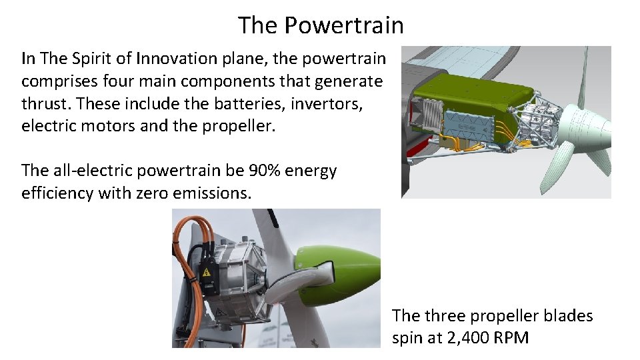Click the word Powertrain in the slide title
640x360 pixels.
pos(343,25)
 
